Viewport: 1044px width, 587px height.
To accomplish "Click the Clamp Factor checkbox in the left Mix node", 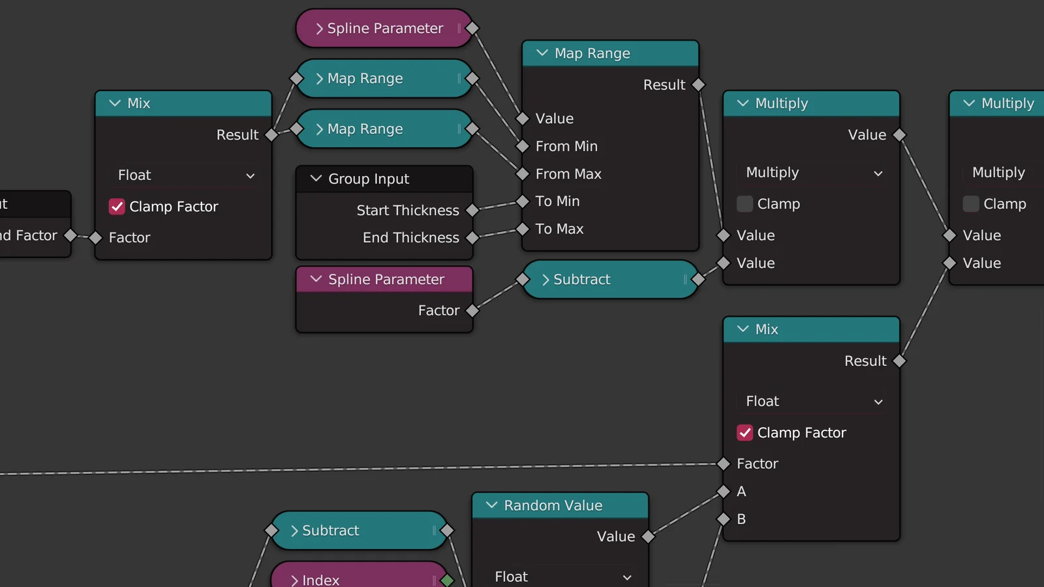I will (x=117, y=207).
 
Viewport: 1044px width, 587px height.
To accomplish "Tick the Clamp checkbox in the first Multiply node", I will (x=745, y=203).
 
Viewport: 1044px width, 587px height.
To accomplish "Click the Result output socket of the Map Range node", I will (x=698, y=85).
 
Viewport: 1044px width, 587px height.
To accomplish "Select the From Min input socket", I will (x=522, y=146).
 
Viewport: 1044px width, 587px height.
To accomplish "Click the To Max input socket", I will (x=522, y=229).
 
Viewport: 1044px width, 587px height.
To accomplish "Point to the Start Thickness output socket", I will (x=472, y=210).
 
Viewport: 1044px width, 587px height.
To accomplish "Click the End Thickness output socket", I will (x=472, y=238).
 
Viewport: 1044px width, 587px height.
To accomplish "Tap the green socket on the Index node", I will (x=447, y=579).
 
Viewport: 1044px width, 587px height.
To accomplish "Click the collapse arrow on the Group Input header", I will (x=316, y=178).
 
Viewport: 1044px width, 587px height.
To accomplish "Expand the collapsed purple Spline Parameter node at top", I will (x=319, y=29).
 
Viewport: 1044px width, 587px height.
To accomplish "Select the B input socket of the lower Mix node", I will (x=723, y=519).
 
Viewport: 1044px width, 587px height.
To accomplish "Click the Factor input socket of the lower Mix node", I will (x=723, y=464).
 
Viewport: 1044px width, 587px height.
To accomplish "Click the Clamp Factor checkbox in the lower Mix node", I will (x=745, y=432).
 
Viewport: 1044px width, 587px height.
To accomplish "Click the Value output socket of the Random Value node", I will (x=648, y=537).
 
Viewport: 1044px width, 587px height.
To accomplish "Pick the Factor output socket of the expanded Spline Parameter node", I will (x=472, y=310).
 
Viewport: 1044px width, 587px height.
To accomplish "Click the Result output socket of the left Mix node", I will (x=271, y=135).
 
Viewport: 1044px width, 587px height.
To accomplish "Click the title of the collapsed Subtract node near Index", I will (x=330, y=530).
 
